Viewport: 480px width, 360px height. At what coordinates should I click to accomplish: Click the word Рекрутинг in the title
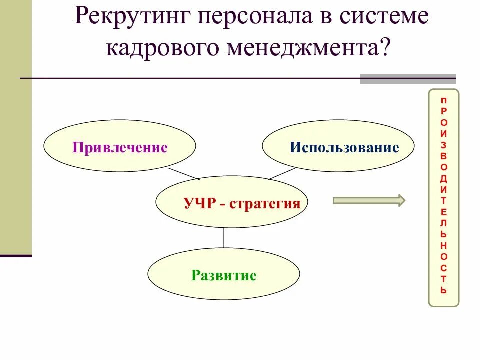pos(132,18)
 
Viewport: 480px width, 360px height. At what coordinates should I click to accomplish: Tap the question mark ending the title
pos(385,48)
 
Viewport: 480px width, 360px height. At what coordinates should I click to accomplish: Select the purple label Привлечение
pos(120,148)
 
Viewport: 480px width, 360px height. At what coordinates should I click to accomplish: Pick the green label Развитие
pos(224,275)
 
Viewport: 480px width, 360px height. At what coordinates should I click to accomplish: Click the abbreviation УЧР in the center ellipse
pos(199,203)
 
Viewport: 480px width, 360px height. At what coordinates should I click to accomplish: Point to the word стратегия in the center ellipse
pos(265,203)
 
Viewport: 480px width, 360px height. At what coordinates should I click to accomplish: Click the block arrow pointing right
pos(369,201)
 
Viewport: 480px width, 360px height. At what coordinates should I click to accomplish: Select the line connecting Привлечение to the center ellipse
pos(183,173)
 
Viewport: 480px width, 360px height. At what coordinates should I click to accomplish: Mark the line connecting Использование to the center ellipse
pos(282,173)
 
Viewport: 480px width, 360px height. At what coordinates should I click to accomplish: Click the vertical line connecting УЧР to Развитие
pos(224,237)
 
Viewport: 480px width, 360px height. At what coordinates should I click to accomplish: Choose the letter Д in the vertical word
pos(444,178)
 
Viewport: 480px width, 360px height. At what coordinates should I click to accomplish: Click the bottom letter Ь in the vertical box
pos(444,290)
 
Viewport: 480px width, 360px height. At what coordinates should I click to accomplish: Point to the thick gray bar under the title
pos(407,79)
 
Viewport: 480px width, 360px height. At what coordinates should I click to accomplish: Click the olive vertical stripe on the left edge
pos(15,150)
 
